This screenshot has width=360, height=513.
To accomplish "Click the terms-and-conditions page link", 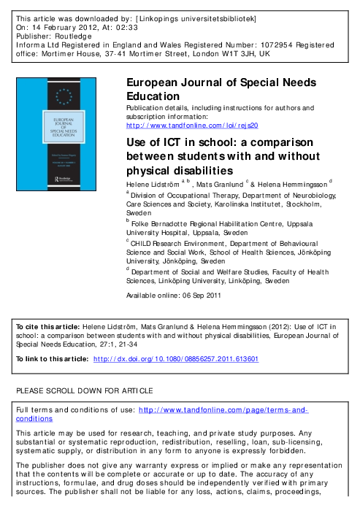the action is point(223,411).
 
